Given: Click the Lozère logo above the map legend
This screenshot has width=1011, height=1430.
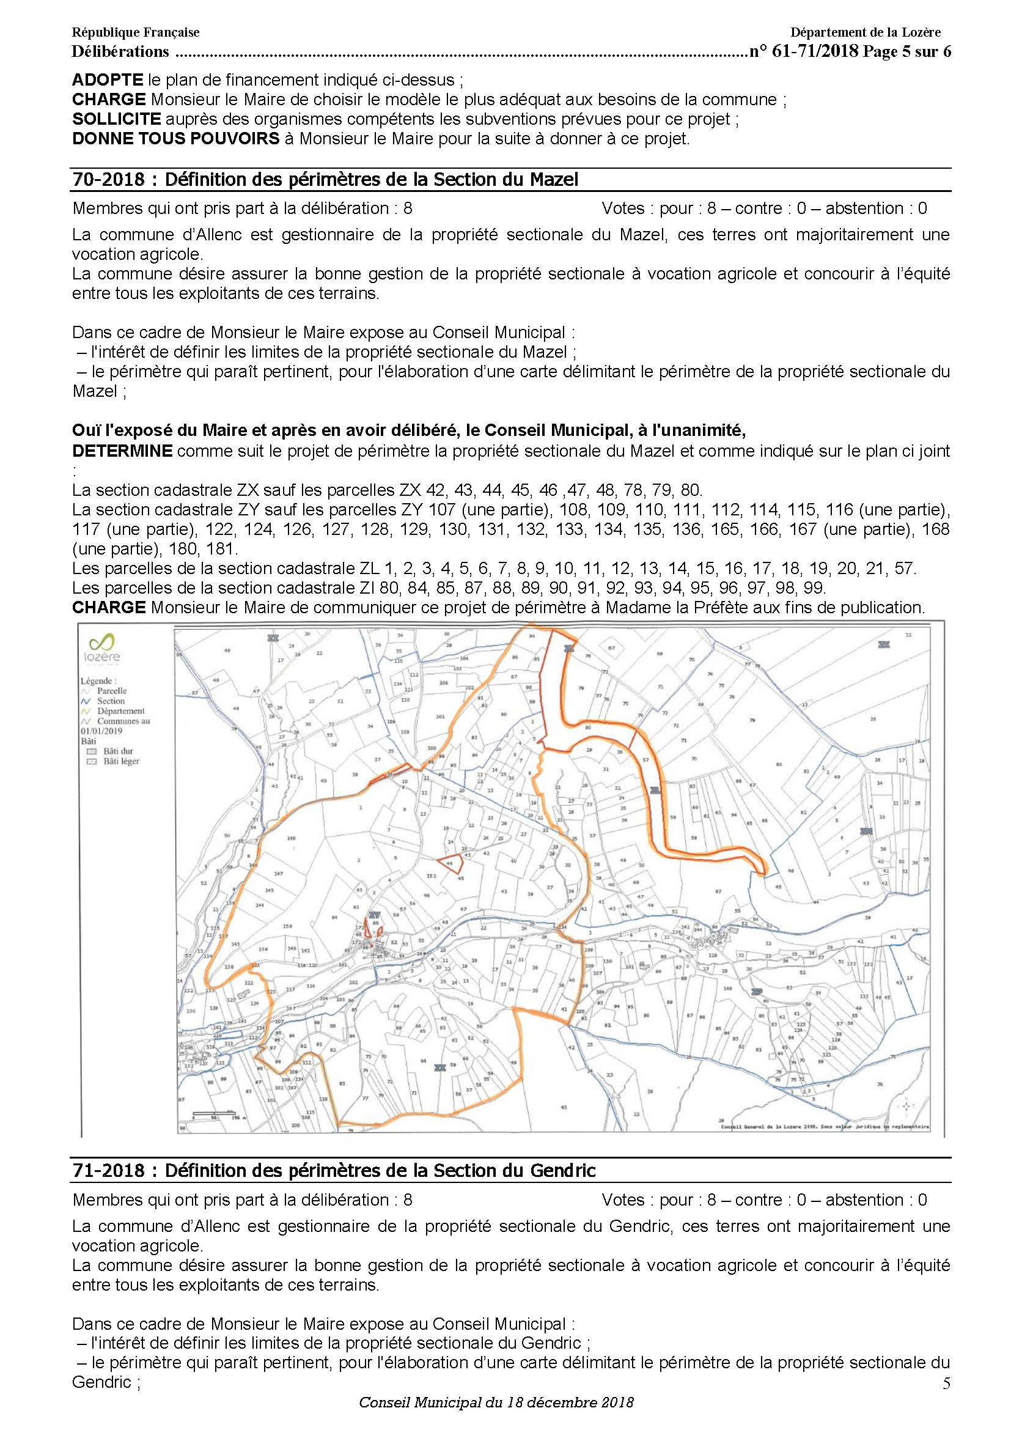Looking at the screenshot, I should (x=101, y=647).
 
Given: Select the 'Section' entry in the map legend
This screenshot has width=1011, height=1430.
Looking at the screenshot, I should (x=110, y=701).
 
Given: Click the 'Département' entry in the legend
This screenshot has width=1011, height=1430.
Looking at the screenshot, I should (x=120, y=710).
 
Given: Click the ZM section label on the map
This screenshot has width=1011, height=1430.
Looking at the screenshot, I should (x=866, y=831).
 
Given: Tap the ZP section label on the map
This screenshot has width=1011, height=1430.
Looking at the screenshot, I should (x=757, y=992).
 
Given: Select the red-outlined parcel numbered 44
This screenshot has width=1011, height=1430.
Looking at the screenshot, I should (x=449, y=864).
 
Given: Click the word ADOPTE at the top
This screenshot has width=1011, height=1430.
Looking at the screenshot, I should (x=108, y=79).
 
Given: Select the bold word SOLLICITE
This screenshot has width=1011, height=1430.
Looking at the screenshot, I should (x=116, y=119).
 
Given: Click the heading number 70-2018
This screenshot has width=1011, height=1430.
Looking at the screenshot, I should (x=109, y=179).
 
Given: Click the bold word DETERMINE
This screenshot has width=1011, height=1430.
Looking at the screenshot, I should (x=122, y=451).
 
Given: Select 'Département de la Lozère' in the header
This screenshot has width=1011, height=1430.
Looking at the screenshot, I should (x=866, y=32).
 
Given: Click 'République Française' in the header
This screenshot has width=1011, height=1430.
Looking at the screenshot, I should (x=136, y=32).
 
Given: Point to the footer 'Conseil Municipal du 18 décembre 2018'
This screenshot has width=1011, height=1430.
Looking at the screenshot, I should (x=496, y=1402).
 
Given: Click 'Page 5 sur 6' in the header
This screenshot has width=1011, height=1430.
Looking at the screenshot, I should (x=906, y=52).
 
